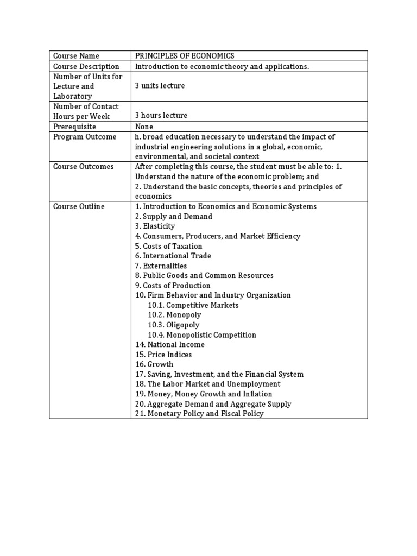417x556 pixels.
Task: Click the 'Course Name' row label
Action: point(76,56)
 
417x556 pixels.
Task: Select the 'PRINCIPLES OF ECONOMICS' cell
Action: point(185,56)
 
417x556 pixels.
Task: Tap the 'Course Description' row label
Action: point(86,66)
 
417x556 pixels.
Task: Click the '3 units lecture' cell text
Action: point(160,86)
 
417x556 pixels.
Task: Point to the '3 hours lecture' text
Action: point(161,116)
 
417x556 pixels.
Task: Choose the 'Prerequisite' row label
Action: point(74,127)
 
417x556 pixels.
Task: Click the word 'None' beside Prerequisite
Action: point(144,127)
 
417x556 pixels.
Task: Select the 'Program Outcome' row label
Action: point(85,137)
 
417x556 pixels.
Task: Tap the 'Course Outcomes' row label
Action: point(83,167)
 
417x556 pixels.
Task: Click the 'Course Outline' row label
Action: point(79,206)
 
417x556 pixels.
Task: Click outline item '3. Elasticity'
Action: point(155,226)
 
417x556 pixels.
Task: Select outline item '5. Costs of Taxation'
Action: point(168,246)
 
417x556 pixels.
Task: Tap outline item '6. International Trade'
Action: point(173,256)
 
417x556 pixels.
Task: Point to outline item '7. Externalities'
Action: point(161,266)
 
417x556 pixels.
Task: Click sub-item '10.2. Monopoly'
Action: point(174,315)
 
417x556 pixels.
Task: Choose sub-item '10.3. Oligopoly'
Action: point(174,325)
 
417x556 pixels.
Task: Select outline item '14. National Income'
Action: point(170,345)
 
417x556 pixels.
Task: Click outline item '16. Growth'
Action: point(154,364)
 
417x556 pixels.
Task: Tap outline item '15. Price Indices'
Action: point(163,355)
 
